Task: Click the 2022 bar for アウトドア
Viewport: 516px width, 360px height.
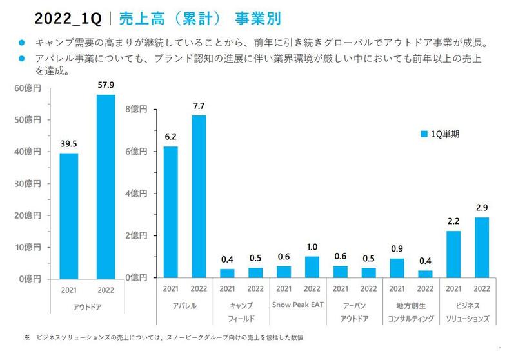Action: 105,186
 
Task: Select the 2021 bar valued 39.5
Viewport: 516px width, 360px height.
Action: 68,215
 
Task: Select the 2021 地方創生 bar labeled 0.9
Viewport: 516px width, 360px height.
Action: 397,268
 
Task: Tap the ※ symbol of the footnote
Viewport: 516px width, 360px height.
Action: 26,337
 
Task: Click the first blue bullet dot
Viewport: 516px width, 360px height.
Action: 21,45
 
